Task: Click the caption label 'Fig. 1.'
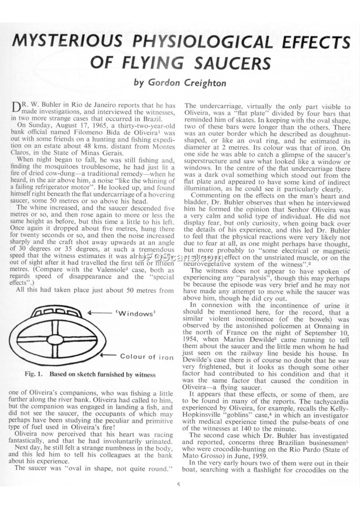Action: [x=33, y=374]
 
